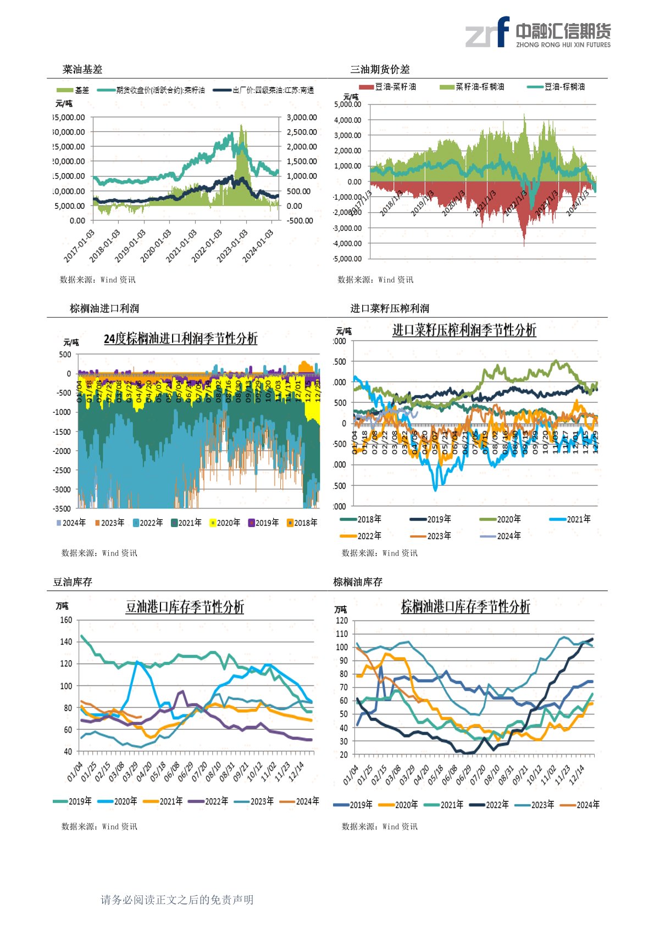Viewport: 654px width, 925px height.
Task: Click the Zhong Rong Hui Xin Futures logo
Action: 537,32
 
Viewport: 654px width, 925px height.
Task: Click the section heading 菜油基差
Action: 82,69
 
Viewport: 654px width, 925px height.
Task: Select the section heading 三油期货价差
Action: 380,69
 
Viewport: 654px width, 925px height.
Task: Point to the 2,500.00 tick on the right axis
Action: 302,132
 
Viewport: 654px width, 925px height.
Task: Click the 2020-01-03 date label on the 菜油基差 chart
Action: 156,246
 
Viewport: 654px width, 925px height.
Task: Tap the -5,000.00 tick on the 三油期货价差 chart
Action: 348,259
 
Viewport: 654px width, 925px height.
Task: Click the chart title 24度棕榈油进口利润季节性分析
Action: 181,339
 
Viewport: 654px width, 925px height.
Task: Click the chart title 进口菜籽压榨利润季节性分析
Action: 464,330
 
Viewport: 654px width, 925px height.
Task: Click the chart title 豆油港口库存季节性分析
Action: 185,607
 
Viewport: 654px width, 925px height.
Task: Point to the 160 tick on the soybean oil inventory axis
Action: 66,620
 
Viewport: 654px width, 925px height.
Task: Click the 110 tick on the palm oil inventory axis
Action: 342,634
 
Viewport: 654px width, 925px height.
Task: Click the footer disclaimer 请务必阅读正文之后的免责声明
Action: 177,900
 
